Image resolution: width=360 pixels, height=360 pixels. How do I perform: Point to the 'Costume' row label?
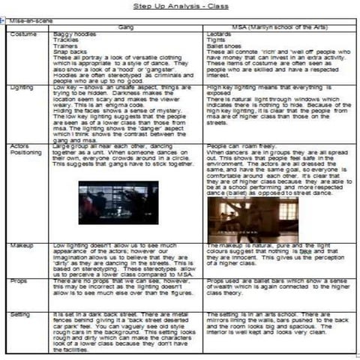click(25, 34)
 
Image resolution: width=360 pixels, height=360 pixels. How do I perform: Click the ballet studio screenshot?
click(242, 218)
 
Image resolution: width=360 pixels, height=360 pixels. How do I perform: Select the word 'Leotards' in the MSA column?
click(218, 34)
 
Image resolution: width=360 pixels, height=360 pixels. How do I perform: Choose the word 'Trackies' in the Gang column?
click(67, 39)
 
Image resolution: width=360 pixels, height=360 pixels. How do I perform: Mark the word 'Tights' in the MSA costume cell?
click(215, 39)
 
